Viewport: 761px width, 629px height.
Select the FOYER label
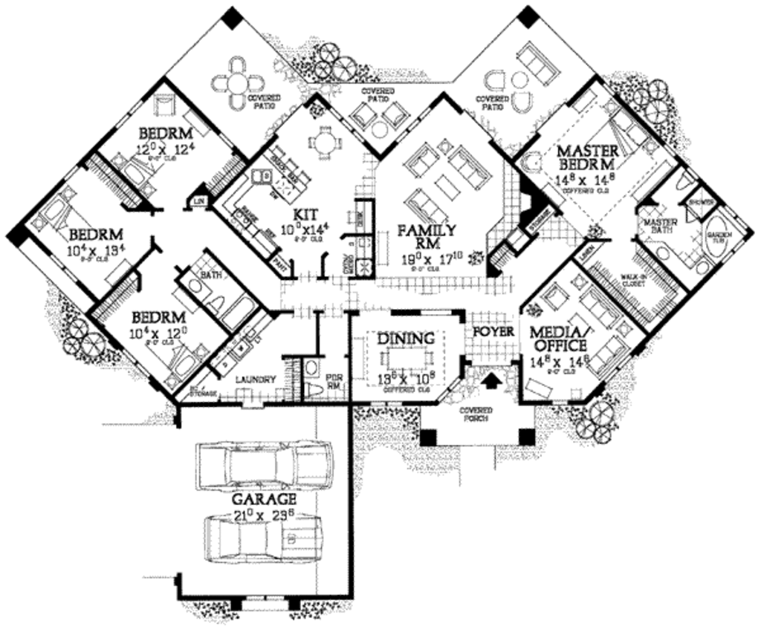493,331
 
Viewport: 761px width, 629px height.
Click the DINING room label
406,339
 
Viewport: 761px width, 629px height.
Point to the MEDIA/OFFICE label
558,338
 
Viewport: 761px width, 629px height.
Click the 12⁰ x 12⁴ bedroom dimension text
165,149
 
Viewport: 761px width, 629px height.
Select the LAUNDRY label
256,379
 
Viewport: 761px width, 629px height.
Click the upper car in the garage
265,465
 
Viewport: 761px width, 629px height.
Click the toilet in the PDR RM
311,388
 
